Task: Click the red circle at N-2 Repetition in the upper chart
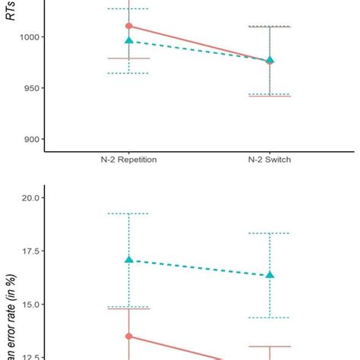[x=128, y=26]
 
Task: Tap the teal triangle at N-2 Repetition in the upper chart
[x=128, y=41]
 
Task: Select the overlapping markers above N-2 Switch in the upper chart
[x=270, y=60]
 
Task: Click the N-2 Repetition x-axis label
[x=128, y=160]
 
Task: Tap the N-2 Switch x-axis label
[x=270, y=160]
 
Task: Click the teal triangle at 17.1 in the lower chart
[x=128, y=260]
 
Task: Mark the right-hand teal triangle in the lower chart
[x=270, y=275]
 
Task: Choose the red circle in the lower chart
[x=128, y=336]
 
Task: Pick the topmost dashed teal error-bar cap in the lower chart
[x=128, y=213]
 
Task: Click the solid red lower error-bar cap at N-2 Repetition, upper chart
[x=128, y=58]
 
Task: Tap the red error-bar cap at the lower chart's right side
[x=270, y=346]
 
